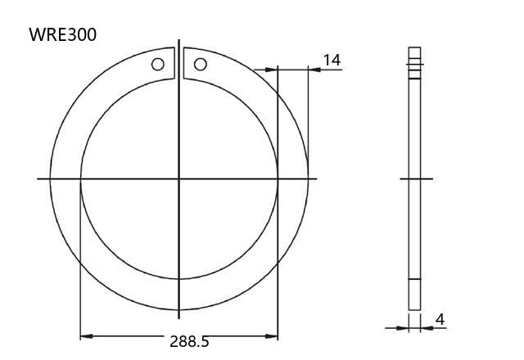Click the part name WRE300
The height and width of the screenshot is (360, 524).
[x=63, y=34]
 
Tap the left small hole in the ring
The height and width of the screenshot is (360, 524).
[x=158, y=64]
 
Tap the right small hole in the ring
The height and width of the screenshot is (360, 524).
[x=200, y=64]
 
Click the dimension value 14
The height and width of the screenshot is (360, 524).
[x=332, y=60]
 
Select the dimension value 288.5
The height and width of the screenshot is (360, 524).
[x=189, y=342]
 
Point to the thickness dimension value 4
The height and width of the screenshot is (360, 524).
[x=440, y=320]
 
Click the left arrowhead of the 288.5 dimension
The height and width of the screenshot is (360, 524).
[x=87, y=336]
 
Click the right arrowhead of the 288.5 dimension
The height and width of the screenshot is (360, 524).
[x=271, y=336]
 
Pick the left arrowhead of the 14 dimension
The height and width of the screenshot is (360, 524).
[x=271, y=70]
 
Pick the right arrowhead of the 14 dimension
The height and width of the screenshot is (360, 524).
[x=314, y=70]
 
